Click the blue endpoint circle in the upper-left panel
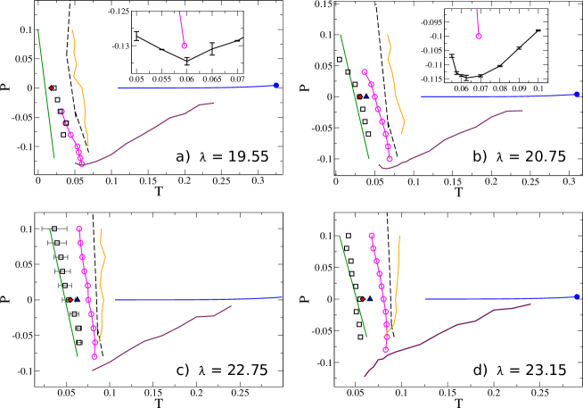(x=276, y=86)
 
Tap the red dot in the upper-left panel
(x=52, y=87)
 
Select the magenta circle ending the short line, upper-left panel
(x=185, y=46)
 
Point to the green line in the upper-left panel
(x=46, y=94)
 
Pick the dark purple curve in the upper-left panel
(x=143, y=134)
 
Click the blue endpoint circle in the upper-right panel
(x=577, y=94)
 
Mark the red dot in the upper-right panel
(x=360, y=96)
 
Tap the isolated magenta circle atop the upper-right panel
(x=479, y=37)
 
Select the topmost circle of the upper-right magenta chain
(x=365, y=72)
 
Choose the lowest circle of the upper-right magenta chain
(x=390, y=159)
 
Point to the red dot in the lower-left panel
(x=70, y=299)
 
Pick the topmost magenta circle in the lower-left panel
(x=79, y=229)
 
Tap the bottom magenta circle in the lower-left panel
(x=94, y=356)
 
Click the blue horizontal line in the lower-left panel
(x=196, y=299)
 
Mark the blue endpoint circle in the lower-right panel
(x=577, y=296)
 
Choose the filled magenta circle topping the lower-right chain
(x=372, y=236)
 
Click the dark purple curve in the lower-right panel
(x=446, y=330)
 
